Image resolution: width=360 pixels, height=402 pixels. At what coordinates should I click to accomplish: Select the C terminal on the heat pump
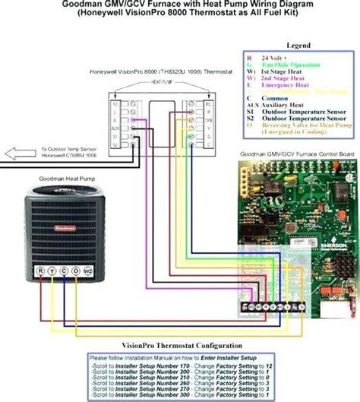click(64, 271)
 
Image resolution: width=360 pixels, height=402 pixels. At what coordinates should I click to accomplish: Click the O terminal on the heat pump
click(77, 271)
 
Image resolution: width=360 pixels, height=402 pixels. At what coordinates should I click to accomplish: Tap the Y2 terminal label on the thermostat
click(115, 101)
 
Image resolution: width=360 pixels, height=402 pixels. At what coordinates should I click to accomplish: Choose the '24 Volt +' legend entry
click(278, 57)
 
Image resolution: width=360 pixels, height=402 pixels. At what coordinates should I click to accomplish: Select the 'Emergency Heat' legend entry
click(287, 84)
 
